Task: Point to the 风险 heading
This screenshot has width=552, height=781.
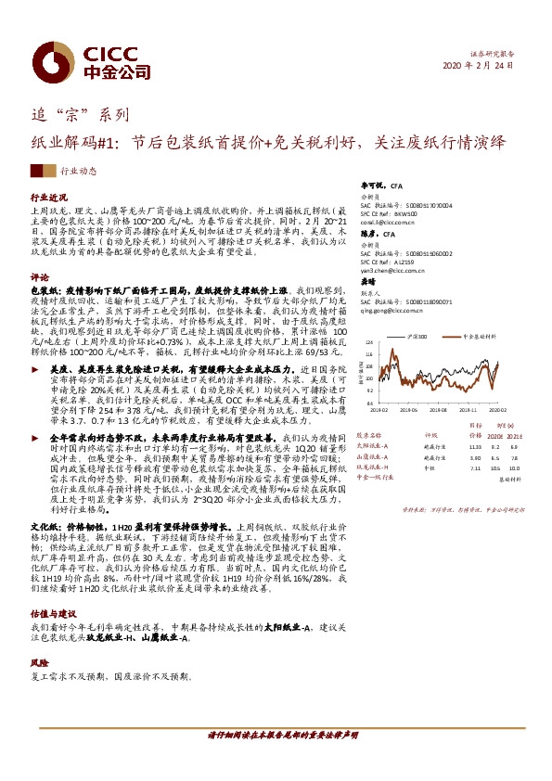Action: click(x=39, y=638)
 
